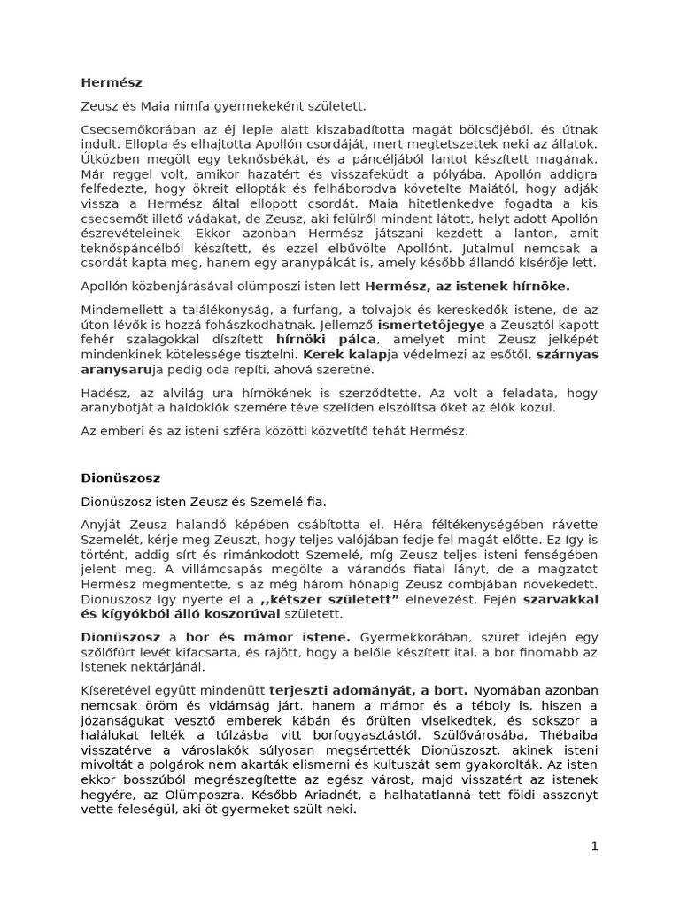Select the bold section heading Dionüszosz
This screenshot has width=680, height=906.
point(120,478)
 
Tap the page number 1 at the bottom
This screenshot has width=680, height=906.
point(595,846)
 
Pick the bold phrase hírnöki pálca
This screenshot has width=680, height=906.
point(315,340)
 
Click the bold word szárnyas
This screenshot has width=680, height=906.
point(568,355)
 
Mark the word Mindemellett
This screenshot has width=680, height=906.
point(121,310)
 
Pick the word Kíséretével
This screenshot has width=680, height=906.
point(118,690)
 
